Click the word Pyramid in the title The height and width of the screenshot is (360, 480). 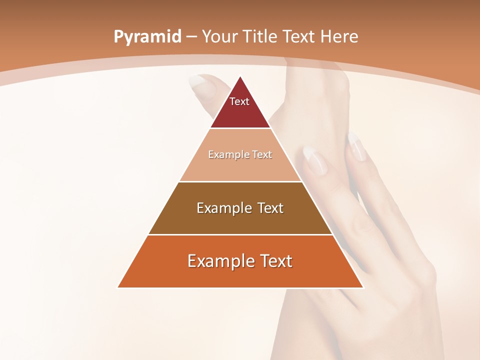point(147,37)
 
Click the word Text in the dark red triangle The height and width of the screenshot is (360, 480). point(239,101)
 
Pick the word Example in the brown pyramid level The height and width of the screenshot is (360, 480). point(223,208)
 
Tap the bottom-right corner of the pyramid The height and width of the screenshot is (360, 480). point(362,287)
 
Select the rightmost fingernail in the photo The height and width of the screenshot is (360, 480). point(356,146)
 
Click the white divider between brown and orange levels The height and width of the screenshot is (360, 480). point(240,234)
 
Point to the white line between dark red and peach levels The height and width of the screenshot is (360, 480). point(240,128)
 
